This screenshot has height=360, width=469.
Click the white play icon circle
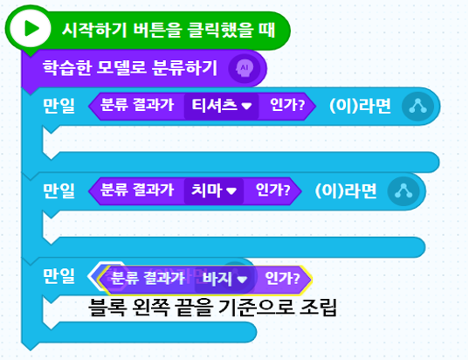[30, 29]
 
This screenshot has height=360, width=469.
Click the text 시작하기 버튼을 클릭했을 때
[169, 30]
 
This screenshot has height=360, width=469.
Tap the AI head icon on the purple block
[245, 68]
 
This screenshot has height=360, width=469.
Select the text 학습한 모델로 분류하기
[130, 68]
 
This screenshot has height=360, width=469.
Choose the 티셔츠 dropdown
[221, 106]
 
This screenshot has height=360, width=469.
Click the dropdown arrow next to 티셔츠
[246, 107]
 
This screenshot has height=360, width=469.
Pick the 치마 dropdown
[214, 191]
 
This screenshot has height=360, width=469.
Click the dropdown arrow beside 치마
[231, 191]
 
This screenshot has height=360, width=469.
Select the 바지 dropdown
[225, 280]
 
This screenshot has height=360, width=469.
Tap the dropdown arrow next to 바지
[242, 280]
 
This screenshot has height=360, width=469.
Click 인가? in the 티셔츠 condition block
[287, 106]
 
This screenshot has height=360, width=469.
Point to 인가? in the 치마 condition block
[272, 190]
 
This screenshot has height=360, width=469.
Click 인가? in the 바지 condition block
[282, 279]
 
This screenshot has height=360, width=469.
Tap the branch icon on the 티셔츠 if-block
[417, 107]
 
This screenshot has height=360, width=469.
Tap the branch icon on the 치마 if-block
[403, 191]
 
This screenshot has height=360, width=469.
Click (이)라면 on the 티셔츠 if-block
[360, 106]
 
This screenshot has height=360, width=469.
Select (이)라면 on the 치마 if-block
[346, 191]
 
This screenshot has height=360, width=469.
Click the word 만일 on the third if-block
[59, 276]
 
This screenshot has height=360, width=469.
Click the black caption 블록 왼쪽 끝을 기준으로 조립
[212, 307]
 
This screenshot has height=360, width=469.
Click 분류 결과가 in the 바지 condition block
[148, 279]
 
